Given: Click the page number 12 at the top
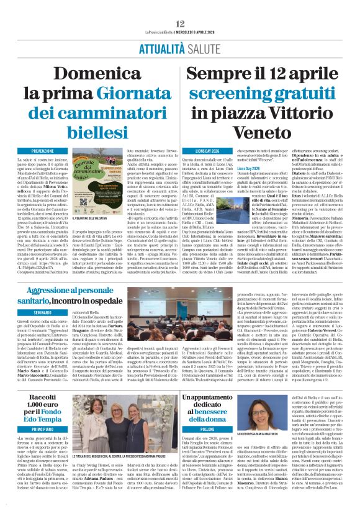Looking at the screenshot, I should click(181, 6).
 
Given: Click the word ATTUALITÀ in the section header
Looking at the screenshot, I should click(161, 37).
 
